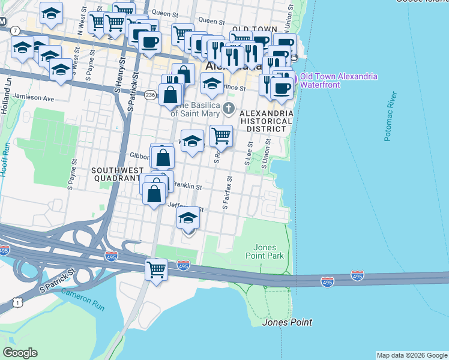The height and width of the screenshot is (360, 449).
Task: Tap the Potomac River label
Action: pos(390,116)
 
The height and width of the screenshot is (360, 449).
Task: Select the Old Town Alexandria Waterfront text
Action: pos(339,80)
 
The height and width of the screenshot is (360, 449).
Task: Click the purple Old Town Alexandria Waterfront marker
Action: pos(294,77)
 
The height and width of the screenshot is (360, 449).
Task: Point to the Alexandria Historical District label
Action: pos(266,121)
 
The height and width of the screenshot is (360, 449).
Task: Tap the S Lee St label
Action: pos(247,154)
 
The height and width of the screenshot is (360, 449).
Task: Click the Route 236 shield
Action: pos(151,94)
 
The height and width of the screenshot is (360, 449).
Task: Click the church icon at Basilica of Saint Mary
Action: pos(228,108)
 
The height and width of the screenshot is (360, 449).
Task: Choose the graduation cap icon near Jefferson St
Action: pos(188,219)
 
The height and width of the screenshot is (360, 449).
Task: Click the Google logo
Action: pos(20,353)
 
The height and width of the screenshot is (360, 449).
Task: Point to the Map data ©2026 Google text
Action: pos(411,355)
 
